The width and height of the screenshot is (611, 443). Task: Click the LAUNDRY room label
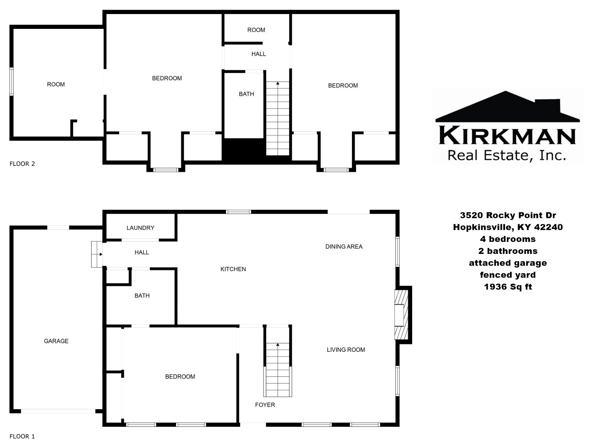tap(140, 228)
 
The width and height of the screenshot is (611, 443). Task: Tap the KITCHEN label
tap(233, 269)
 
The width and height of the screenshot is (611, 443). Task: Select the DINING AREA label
tap(344, 247)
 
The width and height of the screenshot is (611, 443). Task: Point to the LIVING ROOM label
tap(346, 350)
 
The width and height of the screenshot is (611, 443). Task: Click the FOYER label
tap(265, 405)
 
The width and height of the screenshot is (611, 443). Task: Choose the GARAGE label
tap(56, 341)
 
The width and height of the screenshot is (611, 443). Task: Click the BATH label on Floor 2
tap(246, 94)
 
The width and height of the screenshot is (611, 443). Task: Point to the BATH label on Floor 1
tap(142, 296)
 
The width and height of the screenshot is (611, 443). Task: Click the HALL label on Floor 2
tap(259, 54)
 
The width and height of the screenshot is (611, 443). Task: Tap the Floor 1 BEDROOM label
tap(180, 377)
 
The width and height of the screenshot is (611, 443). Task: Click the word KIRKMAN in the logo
tap(507, 136)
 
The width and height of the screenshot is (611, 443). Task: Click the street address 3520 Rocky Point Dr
tap(508, 215)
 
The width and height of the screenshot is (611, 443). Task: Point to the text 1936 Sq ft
tap(508, 287)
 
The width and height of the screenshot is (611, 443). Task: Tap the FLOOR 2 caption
tap(22, 164)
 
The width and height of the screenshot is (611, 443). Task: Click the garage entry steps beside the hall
tap(97, 254)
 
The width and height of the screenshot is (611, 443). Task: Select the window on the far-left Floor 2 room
tap(12, 82)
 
